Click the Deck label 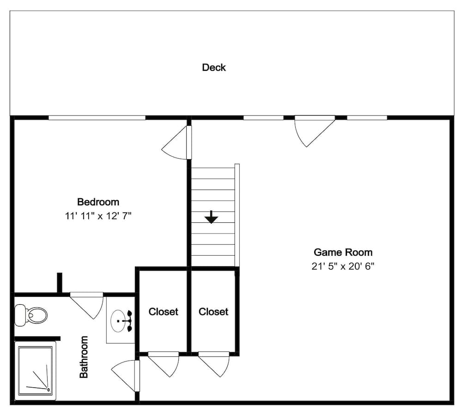(214, 67)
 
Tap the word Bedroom (98, 202)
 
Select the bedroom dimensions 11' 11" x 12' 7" (98, 215)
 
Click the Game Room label (343, 252)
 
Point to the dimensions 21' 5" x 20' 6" (342, 266)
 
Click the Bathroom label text (84, 357)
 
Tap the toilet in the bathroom (31, 316)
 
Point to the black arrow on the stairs (211, 217)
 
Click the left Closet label (163, 312)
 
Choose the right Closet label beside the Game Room (213, 312)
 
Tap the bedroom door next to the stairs (178, 143)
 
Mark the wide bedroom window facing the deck (97, 118)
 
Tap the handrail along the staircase (237, 215)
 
